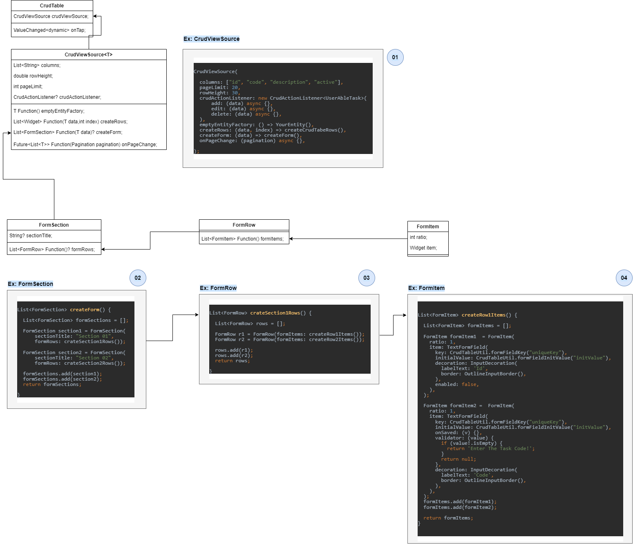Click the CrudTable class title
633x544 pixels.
(x=52, y=5)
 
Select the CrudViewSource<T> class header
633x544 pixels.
(x=89, y=54)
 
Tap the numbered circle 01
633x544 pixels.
(x=395, y=57)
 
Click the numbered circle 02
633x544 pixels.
(x=137, y=278)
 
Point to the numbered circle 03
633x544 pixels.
(x=366, y=278)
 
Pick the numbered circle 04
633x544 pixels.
(x=624, y=278)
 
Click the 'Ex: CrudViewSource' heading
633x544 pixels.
(x=211, y=39)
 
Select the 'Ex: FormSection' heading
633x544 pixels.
(x=30, y=284)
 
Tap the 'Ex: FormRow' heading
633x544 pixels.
(x=218, y=288)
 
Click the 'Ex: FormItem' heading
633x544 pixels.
(x=426, y=288)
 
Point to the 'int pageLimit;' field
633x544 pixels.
(x=28, y=86)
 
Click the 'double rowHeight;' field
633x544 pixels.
(x=33, y=76)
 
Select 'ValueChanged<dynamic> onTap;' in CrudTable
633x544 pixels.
(x=49, y=30)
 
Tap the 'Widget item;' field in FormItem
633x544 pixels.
(x=423, y=247)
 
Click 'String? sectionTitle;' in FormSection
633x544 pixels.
(x=31, y=235)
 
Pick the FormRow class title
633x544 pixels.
(x=244, y=225)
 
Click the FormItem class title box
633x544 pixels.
(x=427, y=226)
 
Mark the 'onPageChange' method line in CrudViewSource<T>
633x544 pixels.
(x=85, y=145)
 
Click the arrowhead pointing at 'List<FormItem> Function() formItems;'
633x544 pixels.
(x=291, y=239)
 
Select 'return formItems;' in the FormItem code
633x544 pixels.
(x=448, y=518)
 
